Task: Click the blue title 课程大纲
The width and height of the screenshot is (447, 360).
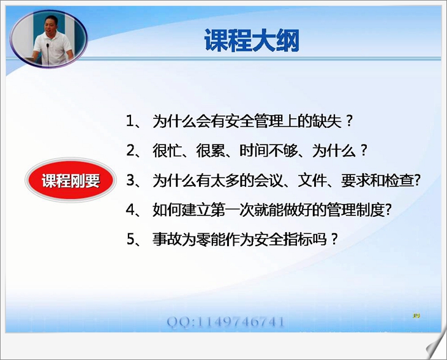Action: click(252, 40)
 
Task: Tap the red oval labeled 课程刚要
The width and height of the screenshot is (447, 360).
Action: click(70, 181)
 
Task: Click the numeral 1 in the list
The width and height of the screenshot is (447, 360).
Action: click(130, 121)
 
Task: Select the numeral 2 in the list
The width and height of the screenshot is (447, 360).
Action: click(130, 151)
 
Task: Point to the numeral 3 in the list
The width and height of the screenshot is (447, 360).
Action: click(130, 181)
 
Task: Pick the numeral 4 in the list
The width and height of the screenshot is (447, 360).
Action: click(130, 210)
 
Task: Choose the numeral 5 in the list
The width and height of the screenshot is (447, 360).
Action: click(130, 239)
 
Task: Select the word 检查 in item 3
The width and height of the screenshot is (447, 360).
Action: click(399, 181)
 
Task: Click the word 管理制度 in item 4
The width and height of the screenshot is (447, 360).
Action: click(356, 210)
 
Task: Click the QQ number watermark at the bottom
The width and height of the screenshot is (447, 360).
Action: click(226, 322)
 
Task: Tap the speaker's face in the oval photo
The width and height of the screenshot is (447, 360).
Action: click(51, 25)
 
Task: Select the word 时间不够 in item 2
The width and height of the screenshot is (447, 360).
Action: click(268, 151)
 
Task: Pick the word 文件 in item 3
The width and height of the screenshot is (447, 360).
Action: click(312, 181)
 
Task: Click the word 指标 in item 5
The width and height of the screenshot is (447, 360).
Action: click(298, 239)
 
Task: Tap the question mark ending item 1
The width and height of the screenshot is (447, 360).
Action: click(349, 121)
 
